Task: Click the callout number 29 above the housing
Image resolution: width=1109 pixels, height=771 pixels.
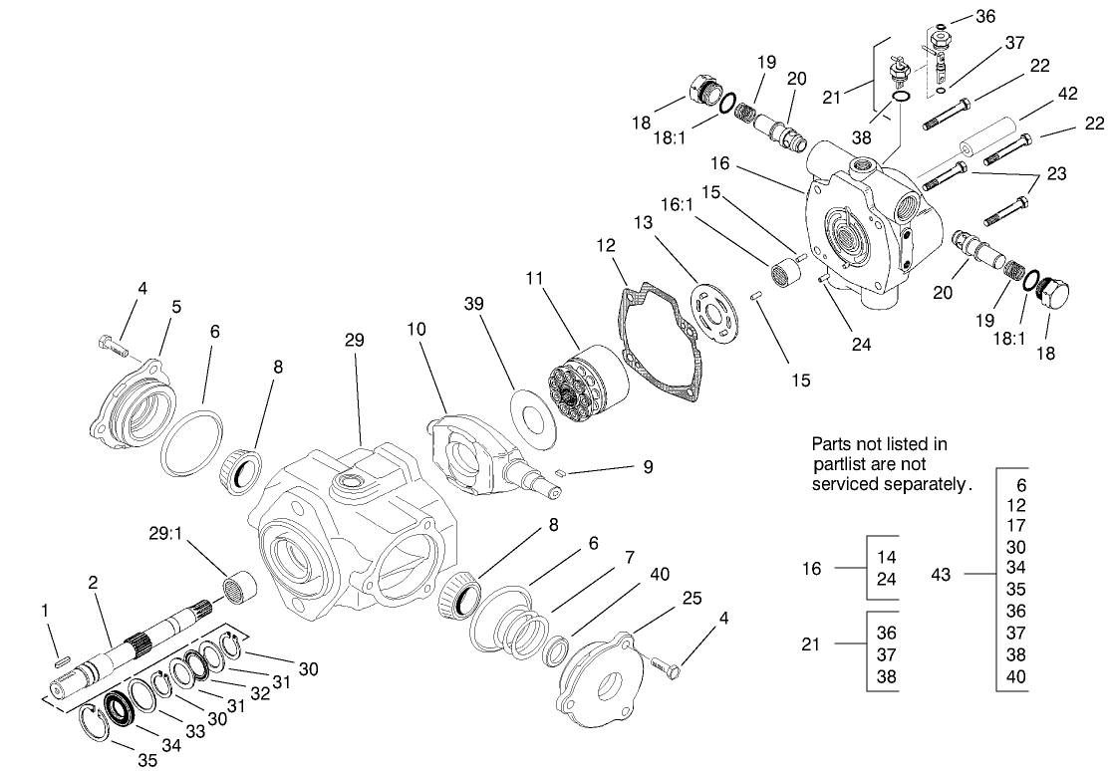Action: point(355,341)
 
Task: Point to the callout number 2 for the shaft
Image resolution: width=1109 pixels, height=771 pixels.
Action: point(92,584)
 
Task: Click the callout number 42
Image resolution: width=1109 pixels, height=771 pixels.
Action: point(1066,96)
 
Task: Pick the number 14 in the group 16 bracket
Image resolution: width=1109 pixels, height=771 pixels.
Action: point(886,556)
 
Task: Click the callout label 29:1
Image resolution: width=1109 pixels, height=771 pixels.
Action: point(165,535)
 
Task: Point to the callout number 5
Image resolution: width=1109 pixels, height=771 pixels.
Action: point(176,308)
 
